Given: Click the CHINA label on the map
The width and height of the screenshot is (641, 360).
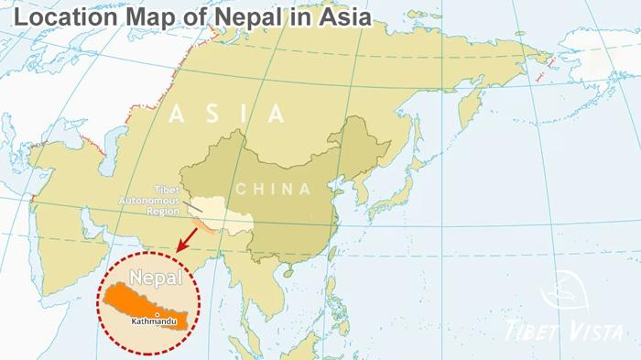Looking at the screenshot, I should point(273,189).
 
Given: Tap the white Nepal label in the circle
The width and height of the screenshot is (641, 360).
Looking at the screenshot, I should point(155,277).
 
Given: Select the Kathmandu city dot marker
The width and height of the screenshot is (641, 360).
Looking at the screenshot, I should point(158,314).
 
